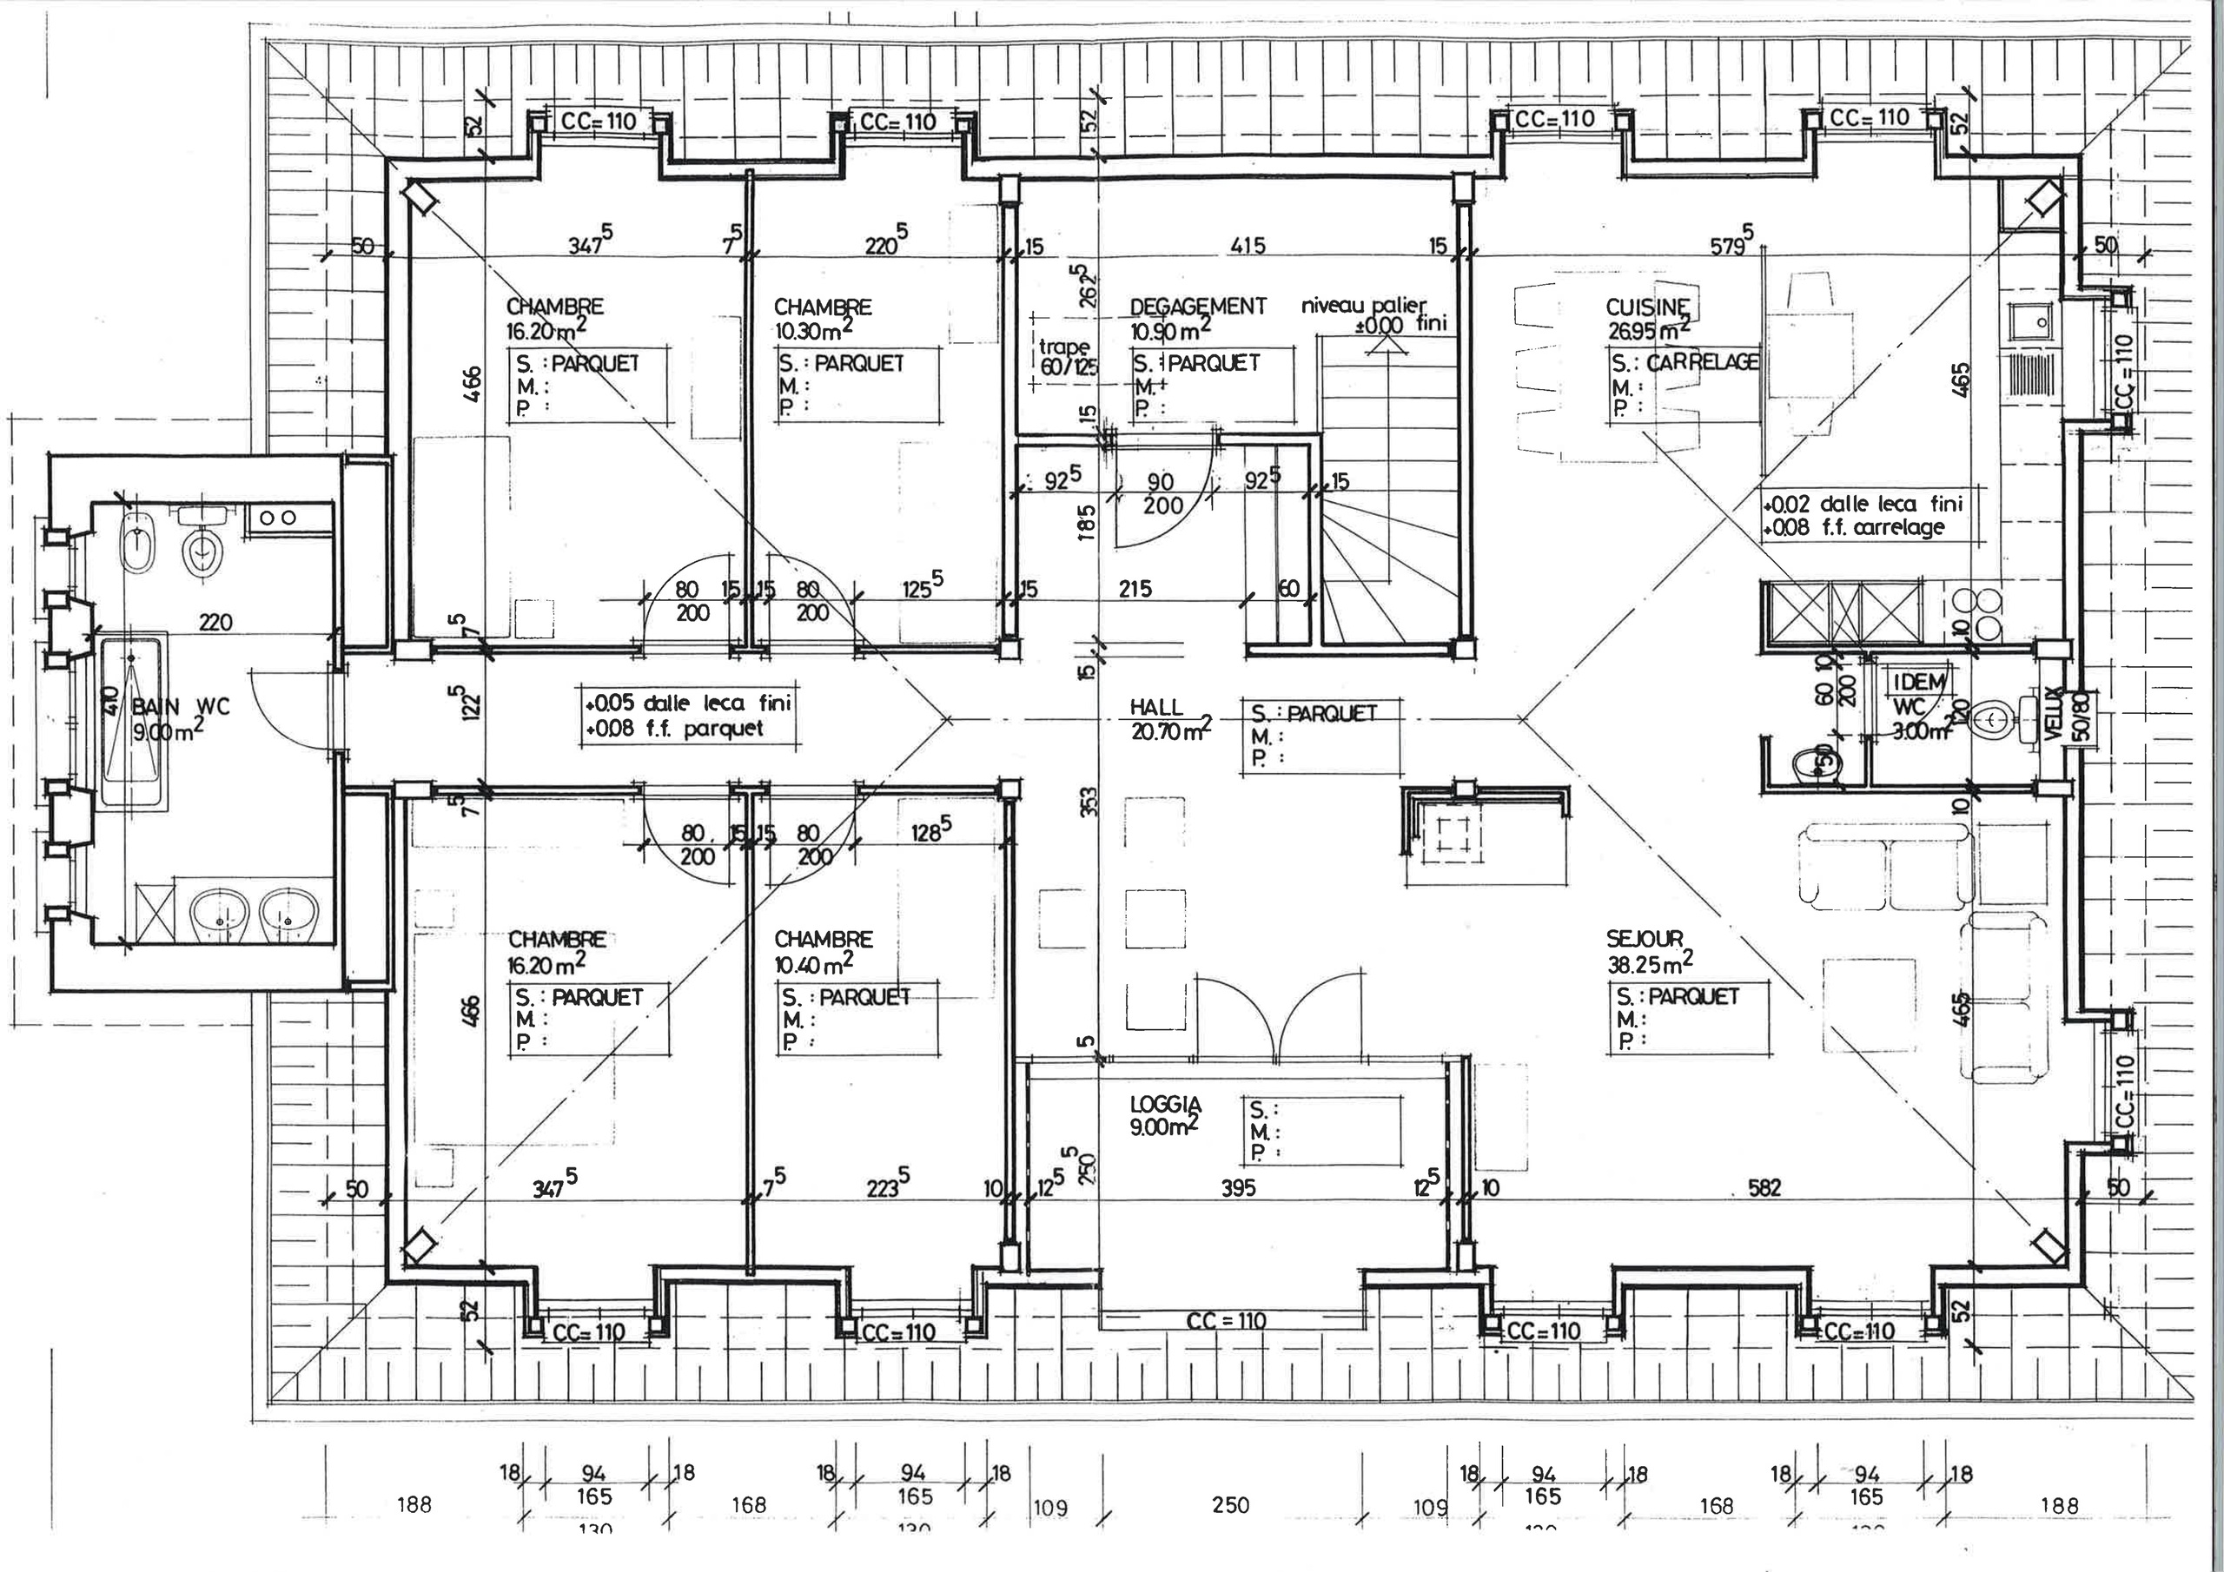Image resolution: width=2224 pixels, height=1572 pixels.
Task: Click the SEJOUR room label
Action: coord(1644,938)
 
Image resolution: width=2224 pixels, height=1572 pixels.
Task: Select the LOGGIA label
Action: coord(1165,1103)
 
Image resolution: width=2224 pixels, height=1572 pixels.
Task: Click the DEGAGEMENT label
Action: coord(1197,306)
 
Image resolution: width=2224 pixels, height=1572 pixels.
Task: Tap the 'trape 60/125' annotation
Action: coord(1063,356)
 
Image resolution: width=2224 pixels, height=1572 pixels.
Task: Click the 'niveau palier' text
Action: coord(1364,306)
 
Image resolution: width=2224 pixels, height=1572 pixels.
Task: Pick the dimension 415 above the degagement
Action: coord(1247,246)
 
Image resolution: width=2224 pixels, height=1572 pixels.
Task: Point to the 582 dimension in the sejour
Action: coord(1764,1186)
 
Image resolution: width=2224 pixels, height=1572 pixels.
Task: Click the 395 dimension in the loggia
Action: coord(1237,1187)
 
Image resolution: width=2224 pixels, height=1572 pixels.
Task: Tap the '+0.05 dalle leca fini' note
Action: coord(688,704)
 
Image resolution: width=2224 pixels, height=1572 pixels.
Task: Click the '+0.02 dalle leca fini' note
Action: coord(1862,504)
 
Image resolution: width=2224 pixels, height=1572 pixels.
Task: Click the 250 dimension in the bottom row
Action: coord(1229,1505)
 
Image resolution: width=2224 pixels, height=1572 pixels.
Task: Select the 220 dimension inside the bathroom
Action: coord(215,622)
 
